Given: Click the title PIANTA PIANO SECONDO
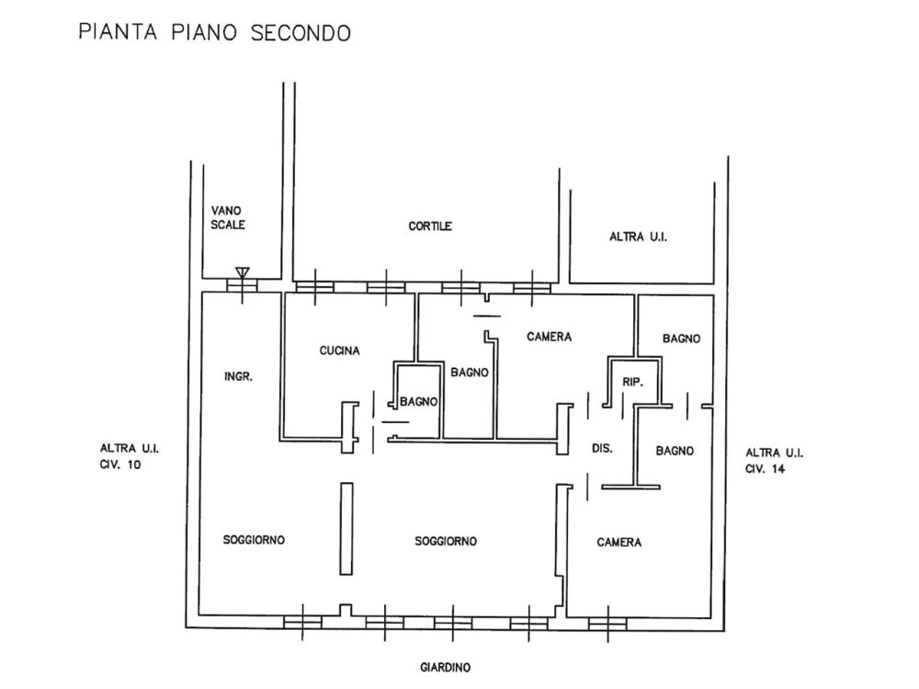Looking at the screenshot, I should pos(214,33).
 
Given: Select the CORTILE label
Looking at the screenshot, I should pos(431,225).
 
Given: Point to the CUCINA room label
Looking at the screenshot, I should pos(340,350).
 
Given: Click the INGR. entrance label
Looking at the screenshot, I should pos(238,376).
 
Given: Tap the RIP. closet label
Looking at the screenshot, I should pos(631,379).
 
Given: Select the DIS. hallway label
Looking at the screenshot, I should pos(602,447).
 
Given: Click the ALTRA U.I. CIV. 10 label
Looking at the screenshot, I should pos(131,457).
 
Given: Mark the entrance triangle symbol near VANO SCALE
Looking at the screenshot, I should pos(242,271).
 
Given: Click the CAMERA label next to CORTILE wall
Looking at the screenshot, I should pos(550,337).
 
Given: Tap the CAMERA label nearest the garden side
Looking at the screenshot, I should pos(618,543).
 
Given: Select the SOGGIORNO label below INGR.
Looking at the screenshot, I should pos(255,540).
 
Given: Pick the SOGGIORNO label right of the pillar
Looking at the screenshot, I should pos(446,542).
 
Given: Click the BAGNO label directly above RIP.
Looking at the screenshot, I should pos(681,339).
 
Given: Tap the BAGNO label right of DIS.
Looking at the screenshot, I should pos(675,451).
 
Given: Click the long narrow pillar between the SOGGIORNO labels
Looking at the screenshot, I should pos(346,529).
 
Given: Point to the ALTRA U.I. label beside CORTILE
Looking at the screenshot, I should pos(638,237).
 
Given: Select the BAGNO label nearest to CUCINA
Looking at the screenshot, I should pos(418,402).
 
